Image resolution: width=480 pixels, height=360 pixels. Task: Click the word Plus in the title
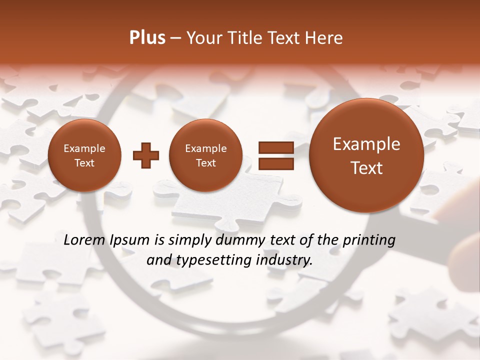pyautogui.click(x=147, y=38)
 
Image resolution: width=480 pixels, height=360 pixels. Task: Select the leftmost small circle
pyautogui.click(x=84, y=155)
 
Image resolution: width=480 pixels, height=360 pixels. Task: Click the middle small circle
pyautogui.click(x=205, y=155)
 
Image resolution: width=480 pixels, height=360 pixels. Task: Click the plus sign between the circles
pyautogui.click(x=145, y=155)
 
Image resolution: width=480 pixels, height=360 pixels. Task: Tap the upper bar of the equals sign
pyautogui.click(x=275, y=147)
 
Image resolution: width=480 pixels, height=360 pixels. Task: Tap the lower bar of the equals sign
pyautogui.click(x=275, y=164)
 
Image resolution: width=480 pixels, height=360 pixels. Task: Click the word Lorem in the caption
pyautogui.click(x=83, y=240)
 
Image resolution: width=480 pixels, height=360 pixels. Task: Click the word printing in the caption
pyautogui.click(x=369, y=240)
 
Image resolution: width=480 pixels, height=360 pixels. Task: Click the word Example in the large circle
pyautogui.click(x=366, y=144)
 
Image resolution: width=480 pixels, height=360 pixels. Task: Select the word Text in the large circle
pyautogui.click(x=366, y=168)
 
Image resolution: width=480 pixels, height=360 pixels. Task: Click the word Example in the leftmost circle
pyautogui.click(x=84, y=148)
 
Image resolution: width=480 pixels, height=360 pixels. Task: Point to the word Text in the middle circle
pyautogui.click(x=205, y=163)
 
